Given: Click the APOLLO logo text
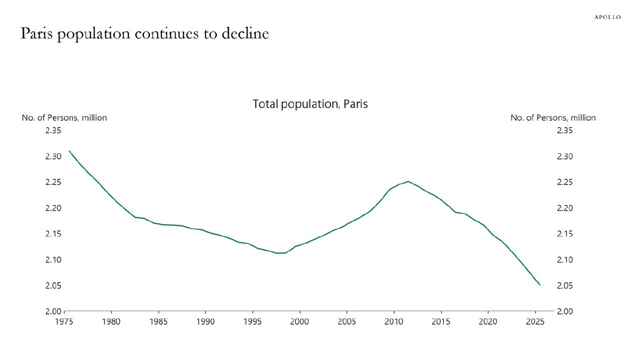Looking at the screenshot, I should (607, 17).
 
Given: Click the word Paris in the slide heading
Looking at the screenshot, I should (36, 33).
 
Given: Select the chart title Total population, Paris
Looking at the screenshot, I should (310, 104).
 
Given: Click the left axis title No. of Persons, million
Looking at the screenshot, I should (64, 117).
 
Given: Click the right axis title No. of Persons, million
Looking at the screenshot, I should (553, 117).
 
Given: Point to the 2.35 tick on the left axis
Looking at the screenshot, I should (53, 130).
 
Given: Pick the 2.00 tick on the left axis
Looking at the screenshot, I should (53, 311).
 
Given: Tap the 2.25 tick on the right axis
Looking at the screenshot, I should (564, 182).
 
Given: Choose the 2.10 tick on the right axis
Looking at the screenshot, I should (564, 259).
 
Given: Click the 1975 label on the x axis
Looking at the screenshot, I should (64, 321).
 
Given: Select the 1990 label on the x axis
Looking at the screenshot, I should (205, 321).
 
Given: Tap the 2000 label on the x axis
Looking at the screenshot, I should (299, 321).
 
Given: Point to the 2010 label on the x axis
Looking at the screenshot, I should (393, 321).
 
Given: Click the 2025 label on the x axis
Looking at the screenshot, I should (535, 321).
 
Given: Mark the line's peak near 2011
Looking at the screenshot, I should (408, 181).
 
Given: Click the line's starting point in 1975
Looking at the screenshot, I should (69, 151).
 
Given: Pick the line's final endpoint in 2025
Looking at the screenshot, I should (540, 285).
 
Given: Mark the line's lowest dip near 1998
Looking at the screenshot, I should (278, 253).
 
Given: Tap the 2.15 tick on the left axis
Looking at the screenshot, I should (53, 233).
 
